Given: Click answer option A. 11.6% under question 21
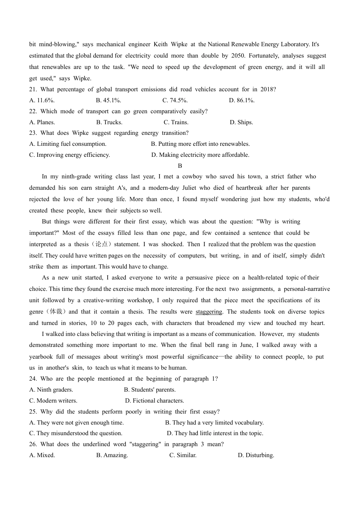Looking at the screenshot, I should (x=42, y=100).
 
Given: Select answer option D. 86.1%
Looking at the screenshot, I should (x=242, y=100).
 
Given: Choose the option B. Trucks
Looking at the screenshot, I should (x=109, y=122).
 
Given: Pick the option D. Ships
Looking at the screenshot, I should (x=241, y=122).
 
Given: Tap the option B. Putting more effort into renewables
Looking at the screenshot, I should (x=200, y=144).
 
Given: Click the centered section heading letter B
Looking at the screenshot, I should (x=180, y=166).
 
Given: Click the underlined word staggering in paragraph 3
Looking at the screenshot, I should (x=209, y=312).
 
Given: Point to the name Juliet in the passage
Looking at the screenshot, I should (x=189, y=188).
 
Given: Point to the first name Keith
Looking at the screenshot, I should (x=160, y=44).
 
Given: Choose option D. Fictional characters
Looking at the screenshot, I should (x=155, y=401).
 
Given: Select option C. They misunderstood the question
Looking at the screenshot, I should (x=76, y=433).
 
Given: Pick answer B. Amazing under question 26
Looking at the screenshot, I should (x=112, y=455).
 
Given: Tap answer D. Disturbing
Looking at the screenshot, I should (x=256, y=455).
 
